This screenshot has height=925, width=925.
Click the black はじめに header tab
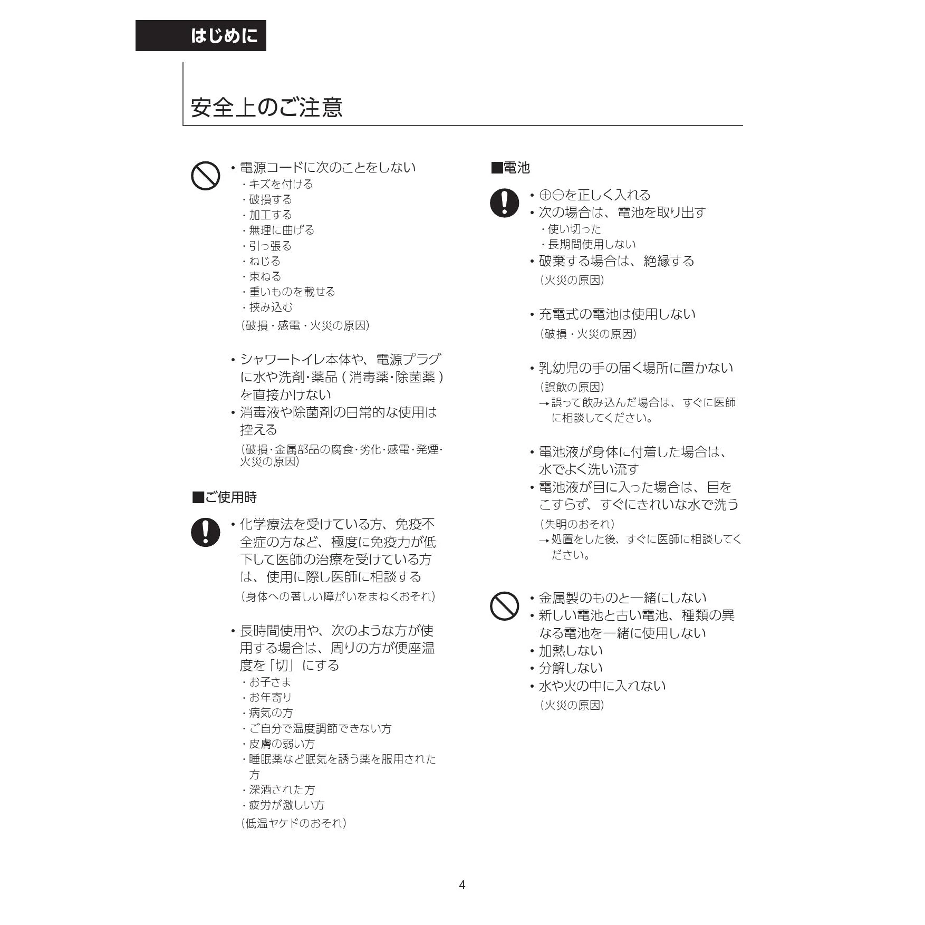pyautogui.click(x=201, y=36)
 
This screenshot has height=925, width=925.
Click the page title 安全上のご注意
pyautogui.click(x=267, y=108)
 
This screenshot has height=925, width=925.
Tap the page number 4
pyautogui.click(x=462, y=884)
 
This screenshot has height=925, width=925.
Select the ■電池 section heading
pyautogui.click(x=510, y=168)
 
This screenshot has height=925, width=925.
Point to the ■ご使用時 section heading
pyautogui.click(x=225, y=497)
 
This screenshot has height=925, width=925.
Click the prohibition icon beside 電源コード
pyautogui.click(x=205, y=176)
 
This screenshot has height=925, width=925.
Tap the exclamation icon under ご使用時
pyautogui.click(x=205, y=532)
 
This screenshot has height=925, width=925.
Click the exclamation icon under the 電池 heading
pyautogui.click(x=504, y=203)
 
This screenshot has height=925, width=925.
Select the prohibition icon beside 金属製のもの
pyautogui.click(x=504, y=606)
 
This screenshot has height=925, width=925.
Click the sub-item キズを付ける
pyautogui.click(x=281, y=184)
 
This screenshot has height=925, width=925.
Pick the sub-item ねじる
pyautogui.click(x=265, y=261)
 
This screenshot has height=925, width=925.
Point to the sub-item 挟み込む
pyautogui.click(x=271, y=307)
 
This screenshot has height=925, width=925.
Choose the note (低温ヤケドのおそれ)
pyautogui.click(x=293, y=823)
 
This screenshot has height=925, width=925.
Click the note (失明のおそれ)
pyautogui.click(x=577, y=524)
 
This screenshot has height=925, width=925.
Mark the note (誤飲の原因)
pyautogui.click(x=572, y=387)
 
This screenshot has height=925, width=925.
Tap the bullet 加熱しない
pyautogui.click(x=570, y=650)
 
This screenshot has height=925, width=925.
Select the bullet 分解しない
pyautogui.click(x=570, y=668)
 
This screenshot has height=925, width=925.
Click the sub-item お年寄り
pyautogui.click(x=270, y=697)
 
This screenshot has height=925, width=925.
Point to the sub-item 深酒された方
pyautogui.click(x=282, y=789)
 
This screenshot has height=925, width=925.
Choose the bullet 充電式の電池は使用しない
pyautogui.click(x=616, y=314)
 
